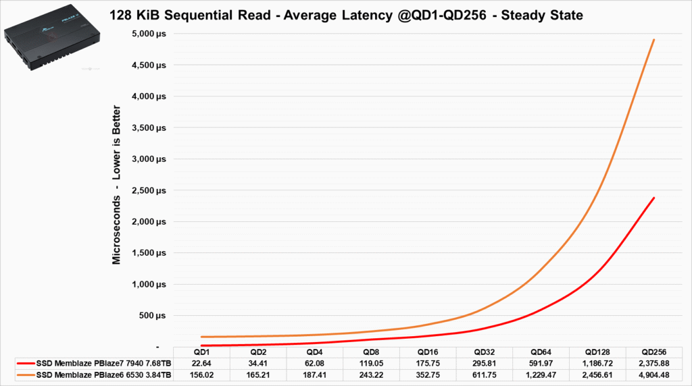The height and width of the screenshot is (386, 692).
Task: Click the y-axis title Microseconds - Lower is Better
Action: tap(117, 184)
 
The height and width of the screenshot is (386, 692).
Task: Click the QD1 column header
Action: tap(201, 352)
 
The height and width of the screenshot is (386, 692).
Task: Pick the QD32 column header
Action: tap(484, 352)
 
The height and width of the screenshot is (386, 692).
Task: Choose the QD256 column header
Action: tap(653, 352)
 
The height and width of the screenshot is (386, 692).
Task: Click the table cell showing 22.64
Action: tap(201, 364)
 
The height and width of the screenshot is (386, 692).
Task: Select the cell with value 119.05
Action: tap(371, 364)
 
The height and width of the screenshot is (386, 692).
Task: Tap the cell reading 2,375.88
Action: tap(653, 364)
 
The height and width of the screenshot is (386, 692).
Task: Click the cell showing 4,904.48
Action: tap(653, 375)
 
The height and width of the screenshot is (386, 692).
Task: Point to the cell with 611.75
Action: tap(484, 375)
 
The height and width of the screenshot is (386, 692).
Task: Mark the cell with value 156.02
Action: tap(201, 375)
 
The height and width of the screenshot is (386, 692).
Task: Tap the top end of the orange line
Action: tap(654, 40)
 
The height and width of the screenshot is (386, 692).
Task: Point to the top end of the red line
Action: tap(654, 198)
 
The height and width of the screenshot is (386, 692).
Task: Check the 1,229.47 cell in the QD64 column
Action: tap(541, 375)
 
